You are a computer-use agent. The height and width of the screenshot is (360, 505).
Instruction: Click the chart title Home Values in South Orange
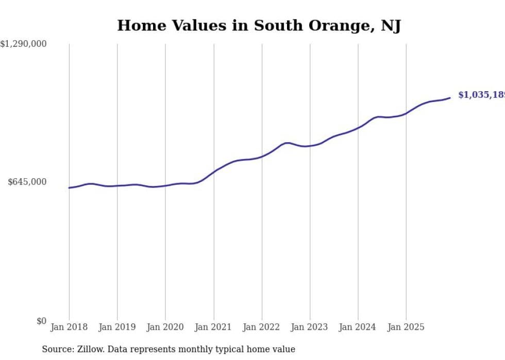click(x=259, y=26)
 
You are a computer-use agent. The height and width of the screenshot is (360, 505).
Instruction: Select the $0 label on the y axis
click(x=41, y=321)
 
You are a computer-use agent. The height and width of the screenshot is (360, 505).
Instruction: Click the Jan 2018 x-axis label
click(x=69, y=327)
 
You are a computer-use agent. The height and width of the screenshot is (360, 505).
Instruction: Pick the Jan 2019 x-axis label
click(x=117, y=327)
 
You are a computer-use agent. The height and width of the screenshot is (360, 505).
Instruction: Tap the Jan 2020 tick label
click(x=165, y=327)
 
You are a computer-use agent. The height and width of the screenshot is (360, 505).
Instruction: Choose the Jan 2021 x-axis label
click(x=213, y=327)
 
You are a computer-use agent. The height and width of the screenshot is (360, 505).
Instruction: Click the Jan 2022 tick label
click(x=262, y=327)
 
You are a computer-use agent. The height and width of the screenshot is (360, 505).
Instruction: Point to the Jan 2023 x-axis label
click(x=310, y=327)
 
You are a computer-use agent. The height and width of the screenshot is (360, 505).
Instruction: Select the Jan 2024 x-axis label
click(x=358, y=327)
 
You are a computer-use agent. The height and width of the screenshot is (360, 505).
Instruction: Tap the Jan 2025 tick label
click(x=406, y=327)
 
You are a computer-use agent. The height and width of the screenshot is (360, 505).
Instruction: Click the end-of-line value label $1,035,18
click(x=481, y=95)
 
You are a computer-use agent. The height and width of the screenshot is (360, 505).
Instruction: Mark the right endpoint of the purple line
click(x=450, y=98)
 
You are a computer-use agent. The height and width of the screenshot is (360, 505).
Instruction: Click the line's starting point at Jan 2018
click(x=69, y=187)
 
